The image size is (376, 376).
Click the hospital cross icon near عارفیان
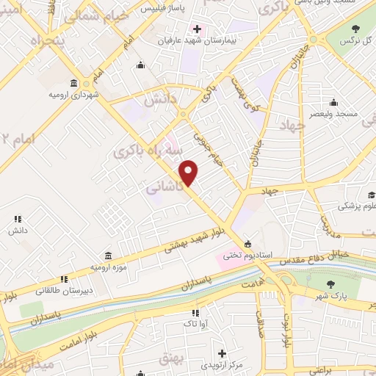coord(196,29)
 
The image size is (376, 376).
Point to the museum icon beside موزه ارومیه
coord(108,256)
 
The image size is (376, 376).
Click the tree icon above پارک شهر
coord(330,283)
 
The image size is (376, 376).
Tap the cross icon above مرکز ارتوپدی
coord(221,353)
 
